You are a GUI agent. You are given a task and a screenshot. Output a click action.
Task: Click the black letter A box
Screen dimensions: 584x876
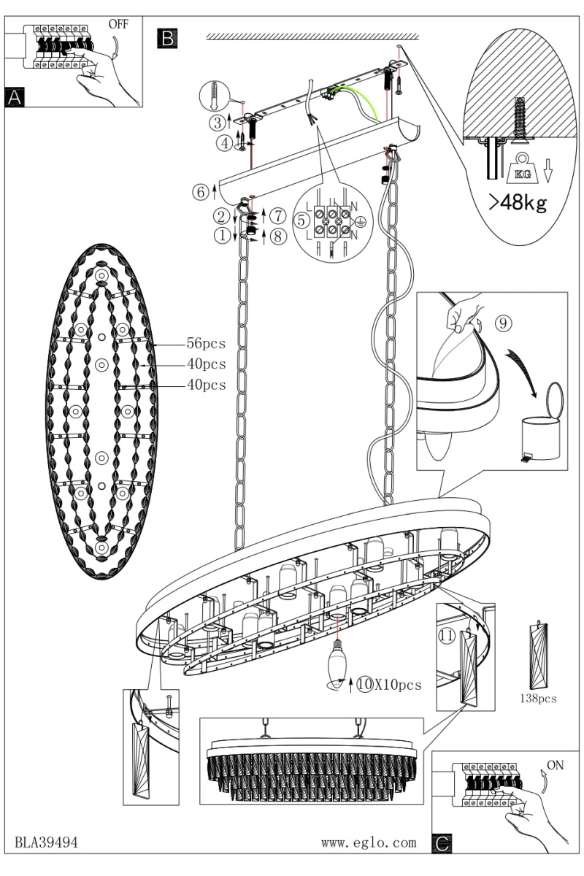tap(15, 96)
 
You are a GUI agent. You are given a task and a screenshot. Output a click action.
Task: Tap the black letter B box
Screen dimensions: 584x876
tap(167, 38)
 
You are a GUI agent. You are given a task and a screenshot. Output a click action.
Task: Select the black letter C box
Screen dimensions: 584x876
tap(442, 842)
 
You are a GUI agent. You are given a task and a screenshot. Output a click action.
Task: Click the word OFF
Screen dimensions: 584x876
tap(118, 24)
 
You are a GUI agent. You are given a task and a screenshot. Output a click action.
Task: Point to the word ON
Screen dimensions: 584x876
tap(556, 765)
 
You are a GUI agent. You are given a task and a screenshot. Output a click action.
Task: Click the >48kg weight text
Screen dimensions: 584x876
tap(518, 203)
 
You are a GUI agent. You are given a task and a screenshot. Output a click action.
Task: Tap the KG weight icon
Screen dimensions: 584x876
tap(523, 169)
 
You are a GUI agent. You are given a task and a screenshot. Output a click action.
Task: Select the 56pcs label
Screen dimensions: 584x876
tap(206, 343)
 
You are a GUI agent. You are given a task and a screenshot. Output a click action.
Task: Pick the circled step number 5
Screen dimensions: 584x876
tap(301, 220)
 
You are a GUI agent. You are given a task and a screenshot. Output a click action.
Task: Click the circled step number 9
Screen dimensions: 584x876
tap(503, 323)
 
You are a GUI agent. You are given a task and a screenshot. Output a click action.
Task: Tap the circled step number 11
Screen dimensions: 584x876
tap(446, 636)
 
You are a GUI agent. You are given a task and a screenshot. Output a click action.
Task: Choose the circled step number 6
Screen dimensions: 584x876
tap(201, 192)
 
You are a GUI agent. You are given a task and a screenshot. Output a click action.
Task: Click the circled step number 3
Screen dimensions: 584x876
tap(218, 123)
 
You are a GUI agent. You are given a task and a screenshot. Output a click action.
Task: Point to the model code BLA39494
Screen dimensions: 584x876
tap(46, 842)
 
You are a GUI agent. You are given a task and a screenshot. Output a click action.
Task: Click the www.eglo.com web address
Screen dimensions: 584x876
tap(369, 842)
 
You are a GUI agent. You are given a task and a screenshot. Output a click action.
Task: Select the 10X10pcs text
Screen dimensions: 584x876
tap(390, 685)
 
